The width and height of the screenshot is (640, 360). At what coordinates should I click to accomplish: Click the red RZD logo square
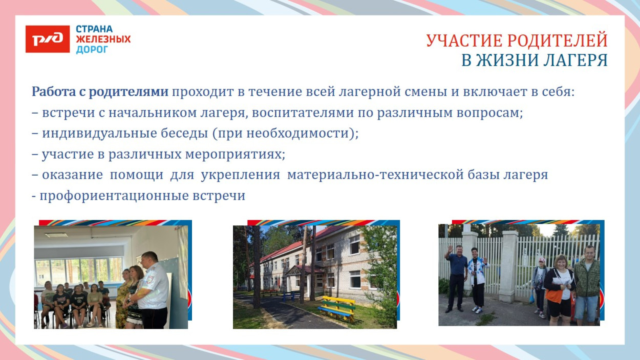(48, 39)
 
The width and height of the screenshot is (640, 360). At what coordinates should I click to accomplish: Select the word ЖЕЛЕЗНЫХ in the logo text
(103, 39)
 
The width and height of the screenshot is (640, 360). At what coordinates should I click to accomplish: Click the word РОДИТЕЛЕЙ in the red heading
(560, 40)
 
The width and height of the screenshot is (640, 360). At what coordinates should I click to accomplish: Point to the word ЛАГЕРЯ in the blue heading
(573, 60)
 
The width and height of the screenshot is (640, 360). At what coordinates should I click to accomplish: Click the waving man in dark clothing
(456, 277)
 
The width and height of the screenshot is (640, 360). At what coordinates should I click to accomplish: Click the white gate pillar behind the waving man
(470, 246)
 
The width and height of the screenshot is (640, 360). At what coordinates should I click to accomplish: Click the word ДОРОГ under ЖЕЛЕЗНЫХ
(92, 50)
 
